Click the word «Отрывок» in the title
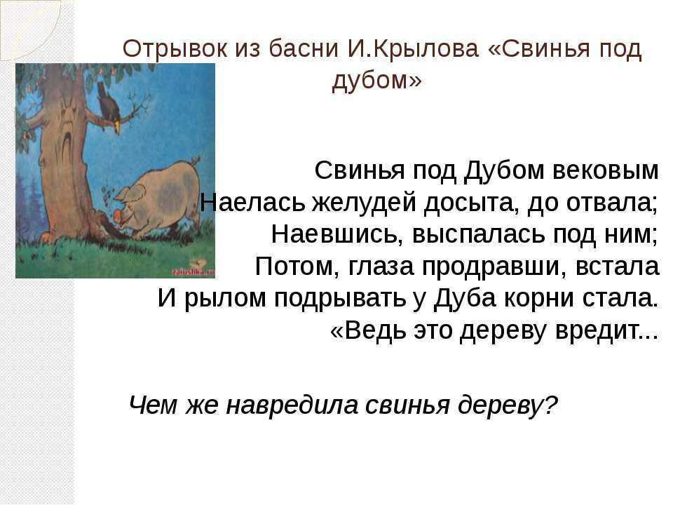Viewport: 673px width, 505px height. pos(175,49)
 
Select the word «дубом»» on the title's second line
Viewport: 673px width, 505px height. pos(377,79)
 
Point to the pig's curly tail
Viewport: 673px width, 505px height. pos(195,161)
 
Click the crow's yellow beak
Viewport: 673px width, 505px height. pos(117,127)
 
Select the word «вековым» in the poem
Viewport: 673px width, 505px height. pos(605,170)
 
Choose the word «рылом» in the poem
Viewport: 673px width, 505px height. pos(225,299)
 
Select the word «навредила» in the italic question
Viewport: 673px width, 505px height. pos(292,405)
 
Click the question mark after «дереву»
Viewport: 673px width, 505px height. pos(551,404)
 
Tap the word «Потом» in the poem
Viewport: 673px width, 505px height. pos(294,267)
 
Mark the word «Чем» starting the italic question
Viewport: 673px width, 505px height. pos(153,405)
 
